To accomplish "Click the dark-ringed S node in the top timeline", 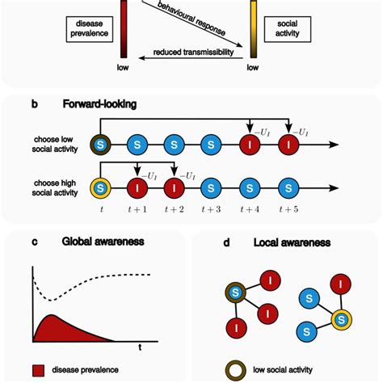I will (99, 145).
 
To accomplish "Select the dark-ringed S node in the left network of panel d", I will (232, 293).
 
